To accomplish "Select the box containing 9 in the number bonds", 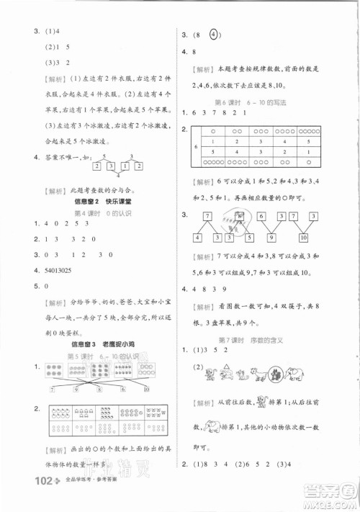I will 271,238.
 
